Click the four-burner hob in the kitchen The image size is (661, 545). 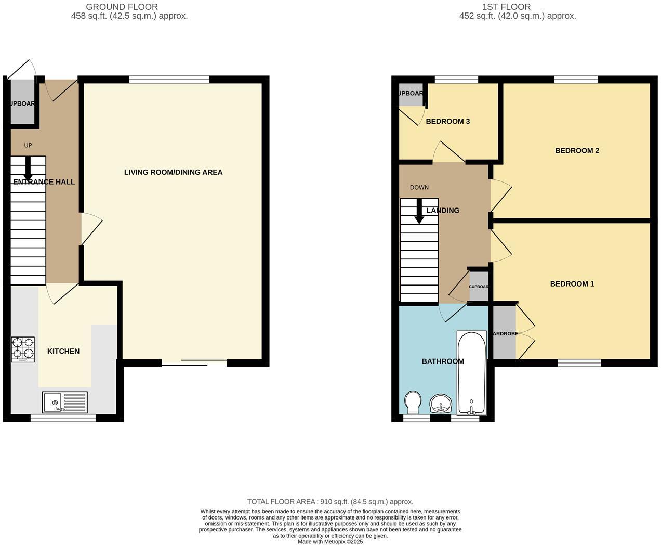tap(23, 349)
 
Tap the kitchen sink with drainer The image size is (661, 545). tap(65, 402)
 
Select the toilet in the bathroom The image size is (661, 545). tap(413, 402)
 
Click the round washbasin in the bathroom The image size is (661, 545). tap(441, 403)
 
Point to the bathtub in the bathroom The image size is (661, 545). tap(471, 372)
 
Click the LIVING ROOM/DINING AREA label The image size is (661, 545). tap(173, 172)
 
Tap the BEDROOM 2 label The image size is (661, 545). tap(577, 151)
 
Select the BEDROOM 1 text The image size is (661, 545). tap(572, 284)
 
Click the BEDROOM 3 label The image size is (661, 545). tap(447, 121)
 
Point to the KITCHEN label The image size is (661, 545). tap(63, 352)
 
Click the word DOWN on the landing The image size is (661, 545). tap(419, 187)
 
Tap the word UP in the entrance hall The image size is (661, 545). tap(28, 145)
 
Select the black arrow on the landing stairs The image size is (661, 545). tap(419, 212)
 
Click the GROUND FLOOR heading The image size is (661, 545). tap(122, 7)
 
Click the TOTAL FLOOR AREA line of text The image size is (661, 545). tap(330, 502)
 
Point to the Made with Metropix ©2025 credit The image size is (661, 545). tap(330, 541)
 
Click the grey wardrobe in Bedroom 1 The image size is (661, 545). tap(504, 333)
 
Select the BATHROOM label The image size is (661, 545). tap(442, 361)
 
